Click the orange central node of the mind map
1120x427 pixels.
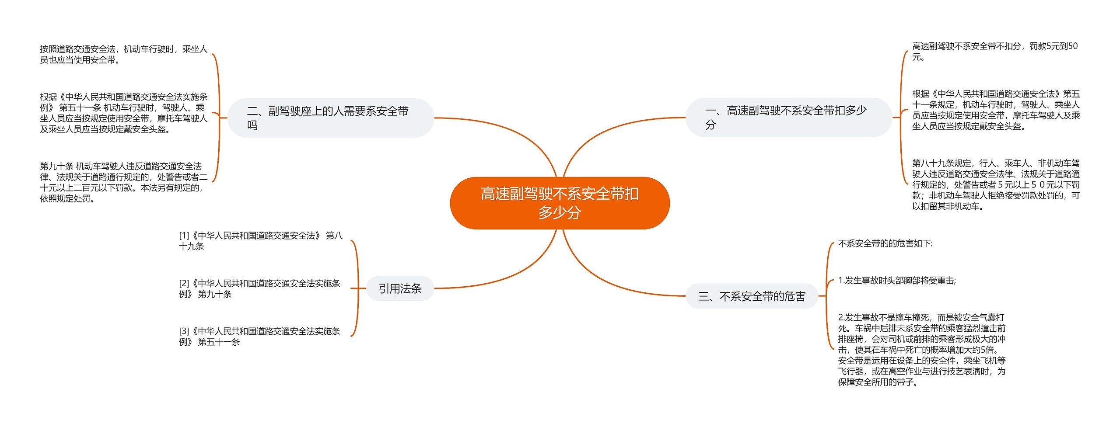560,203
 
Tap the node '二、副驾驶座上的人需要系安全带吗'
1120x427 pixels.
330,118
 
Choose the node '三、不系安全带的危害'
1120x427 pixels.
751,297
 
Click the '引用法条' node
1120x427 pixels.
400,288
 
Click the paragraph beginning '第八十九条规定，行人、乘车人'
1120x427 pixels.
995,185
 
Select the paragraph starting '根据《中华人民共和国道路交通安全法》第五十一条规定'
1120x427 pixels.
995,110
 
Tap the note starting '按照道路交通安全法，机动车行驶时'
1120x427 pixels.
123,55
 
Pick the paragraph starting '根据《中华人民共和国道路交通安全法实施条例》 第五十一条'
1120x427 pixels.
123,113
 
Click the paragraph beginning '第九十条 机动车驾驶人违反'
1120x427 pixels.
123,182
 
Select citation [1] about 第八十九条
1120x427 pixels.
260,241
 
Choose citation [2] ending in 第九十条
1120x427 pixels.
259,288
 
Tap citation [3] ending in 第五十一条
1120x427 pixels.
259,337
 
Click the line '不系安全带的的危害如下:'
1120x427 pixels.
885,243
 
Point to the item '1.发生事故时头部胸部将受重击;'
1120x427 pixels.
897,281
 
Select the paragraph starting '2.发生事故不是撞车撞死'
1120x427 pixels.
921,350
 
